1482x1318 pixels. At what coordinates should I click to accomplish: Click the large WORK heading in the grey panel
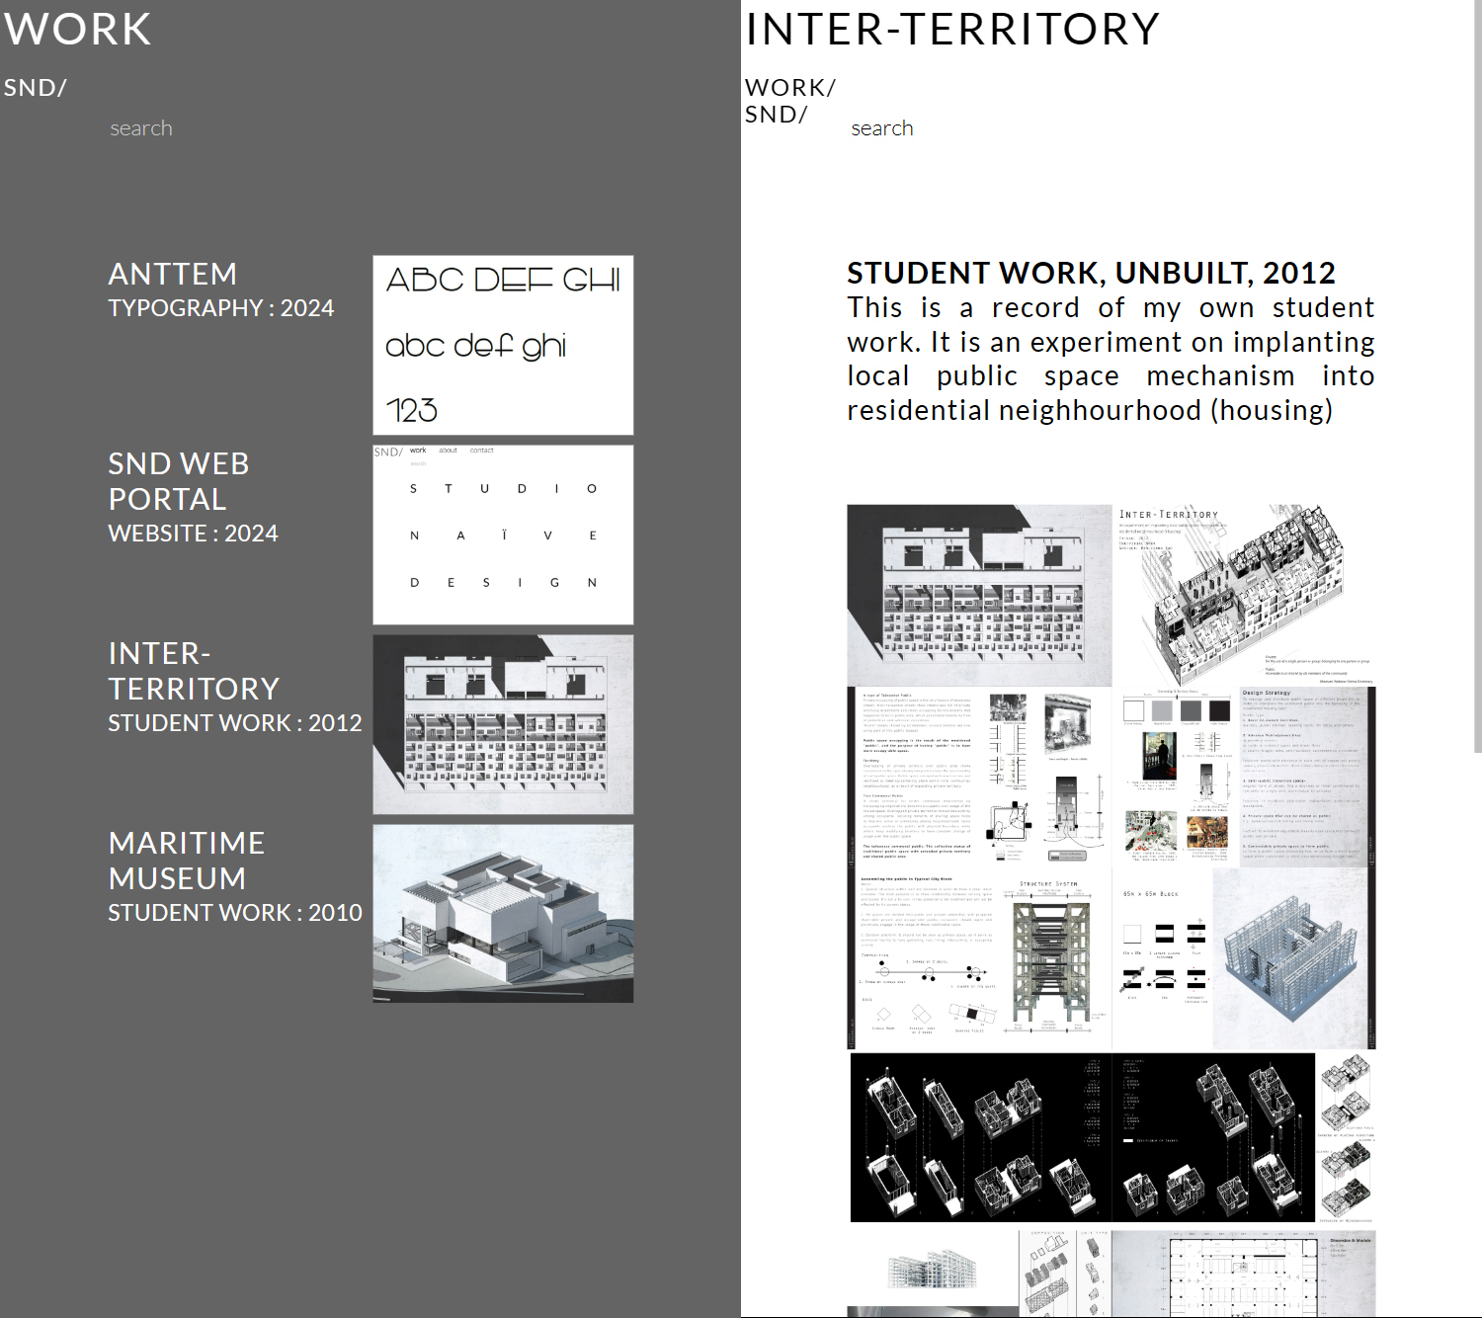(x=77, y=30)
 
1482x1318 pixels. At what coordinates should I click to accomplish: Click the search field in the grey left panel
(x=141, y=128)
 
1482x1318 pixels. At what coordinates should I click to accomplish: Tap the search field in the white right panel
(x=882, y=128)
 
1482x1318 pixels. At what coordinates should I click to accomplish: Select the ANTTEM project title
(x=173, y=274)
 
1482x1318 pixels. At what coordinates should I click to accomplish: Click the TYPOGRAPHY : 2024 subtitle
(x=221, y=308)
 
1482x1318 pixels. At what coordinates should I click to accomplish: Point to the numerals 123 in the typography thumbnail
(x=412, y=410)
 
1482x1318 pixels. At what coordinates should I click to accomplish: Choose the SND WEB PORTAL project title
(x=178, y=481)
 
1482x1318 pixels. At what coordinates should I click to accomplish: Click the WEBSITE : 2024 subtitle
(x=193, y=534)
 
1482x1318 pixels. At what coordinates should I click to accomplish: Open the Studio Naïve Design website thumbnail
(x=503, y=535)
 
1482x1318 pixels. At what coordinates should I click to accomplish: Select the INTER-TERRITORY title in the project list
(x=194, y=671)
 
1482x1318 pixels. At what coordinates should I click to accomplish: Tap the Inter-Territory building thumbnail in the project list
(x=503, y=724)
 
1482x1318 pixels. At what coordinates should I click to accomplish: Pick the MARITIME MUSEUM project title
(x=187, y=861)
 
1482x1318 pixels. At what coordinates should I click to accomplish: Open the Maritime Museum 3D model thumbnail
(x=503, y=914)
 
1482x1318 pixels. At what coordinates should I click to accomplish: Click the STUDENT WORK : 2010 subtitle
(x=235, y=913)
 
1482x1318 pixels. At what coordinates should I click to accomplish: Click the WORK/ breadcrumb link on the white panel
(x=790, y=88)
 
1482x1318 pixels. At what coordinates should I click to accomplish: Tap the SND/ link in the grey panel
(x=35, y=88)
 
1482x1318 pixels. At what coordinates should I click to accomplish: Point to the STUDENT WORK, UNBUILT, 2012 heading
(x=1091, y=273)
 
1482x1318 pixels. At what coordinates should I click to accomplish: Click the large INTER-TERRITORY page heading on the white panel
(x=952, y=30)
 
